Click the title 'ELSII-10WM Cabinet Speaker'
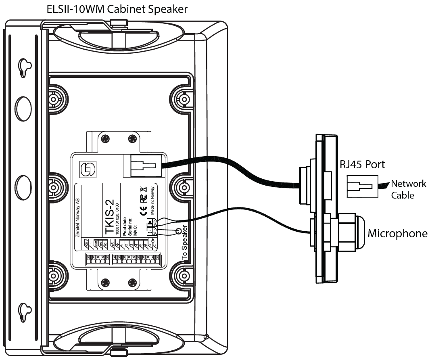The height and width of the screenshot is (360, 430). pos(117,9)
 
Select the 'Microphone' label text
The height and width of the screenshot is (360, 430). pos(397,233)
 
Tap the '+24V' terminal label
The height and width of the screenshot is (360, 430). pos(86,243)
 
